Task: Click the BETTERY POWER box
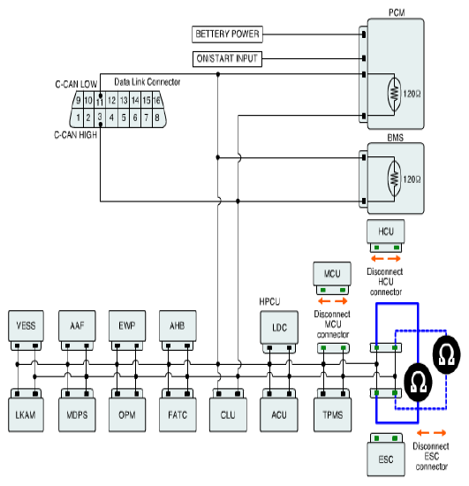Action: click(227, 34)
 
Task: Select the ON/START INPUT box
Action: click(227, 59)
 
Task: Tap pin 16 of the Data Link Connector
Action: click(157, 100)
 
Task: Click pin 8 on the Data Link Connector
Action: click(158, 118)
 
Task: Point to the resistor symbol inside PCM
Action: click(394, 94)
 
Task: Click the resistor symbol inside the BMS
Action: click(394, 178)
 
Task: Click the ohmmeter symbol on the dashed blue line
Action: click(446, 354)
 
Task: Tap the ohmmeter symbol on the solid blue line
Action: click(418, 382)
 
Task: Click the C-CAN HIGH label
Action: click(76, 135)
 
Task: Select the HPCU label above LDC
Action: click(269, 301)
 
